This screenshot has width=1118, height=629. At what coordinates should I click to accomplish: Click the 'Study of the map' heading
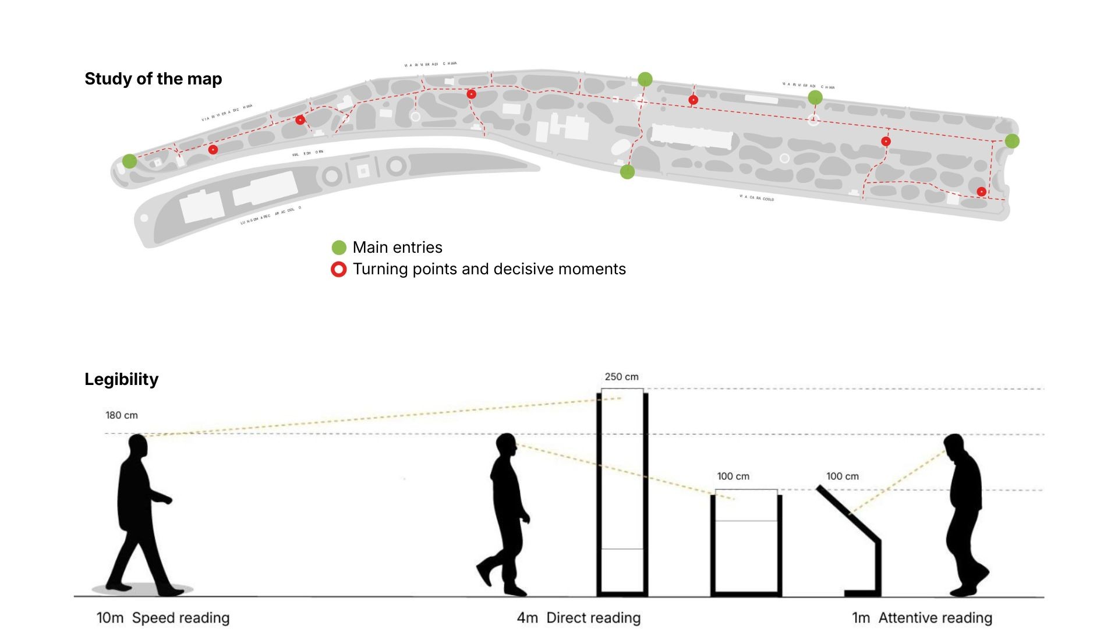click(x=153, y=79)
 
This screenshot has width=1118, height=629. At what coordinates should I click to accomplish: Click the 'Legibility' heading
click(x=121, y=379)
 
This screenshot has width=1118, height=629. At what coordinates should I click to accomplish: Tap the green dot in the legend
click(x=339, y=248)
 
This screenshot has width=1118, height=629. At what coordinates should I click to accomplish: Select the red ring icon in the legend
click(x=339, y=269)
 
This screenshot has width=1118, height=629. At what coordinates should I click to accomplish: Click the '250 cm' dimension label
click(x=621, y=377)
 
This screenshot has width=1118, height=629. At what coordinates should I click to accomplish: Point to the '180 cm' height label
click(x=121, y=415)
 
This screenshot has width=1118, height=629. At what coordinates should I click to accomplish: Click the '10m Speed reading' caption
click(x=163, y=617)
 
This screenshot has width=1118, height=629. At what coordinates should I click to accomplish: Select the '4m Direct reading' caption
click(x=579, y=617)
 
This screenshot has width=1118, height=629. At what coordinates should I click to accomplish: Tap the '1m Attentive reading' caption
click(x=922, y=617)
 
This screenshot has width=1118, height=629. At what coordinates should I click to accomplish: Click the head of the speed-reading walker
click(x=138, y=447)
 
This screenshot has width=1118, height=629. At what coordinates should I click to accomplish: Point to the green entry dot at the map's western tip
click(x=129, y=161)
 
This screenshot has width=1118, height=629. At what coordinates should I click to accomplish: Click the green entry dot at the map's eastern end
click(x=1012, y=140)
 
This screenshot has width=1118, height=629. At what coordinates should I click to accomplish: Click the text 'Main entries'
click(x=397, y=248)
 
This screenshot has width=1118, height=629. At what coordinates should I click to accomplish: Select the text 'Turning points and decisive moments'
click(x=489, y=269)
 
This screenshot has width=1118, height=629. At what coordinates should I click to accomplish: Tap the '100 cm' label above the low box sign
click(x=733, y=476)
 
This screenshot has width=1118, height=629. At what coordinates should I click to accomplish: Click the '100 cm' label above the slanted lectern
click(x=842, y=476)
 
